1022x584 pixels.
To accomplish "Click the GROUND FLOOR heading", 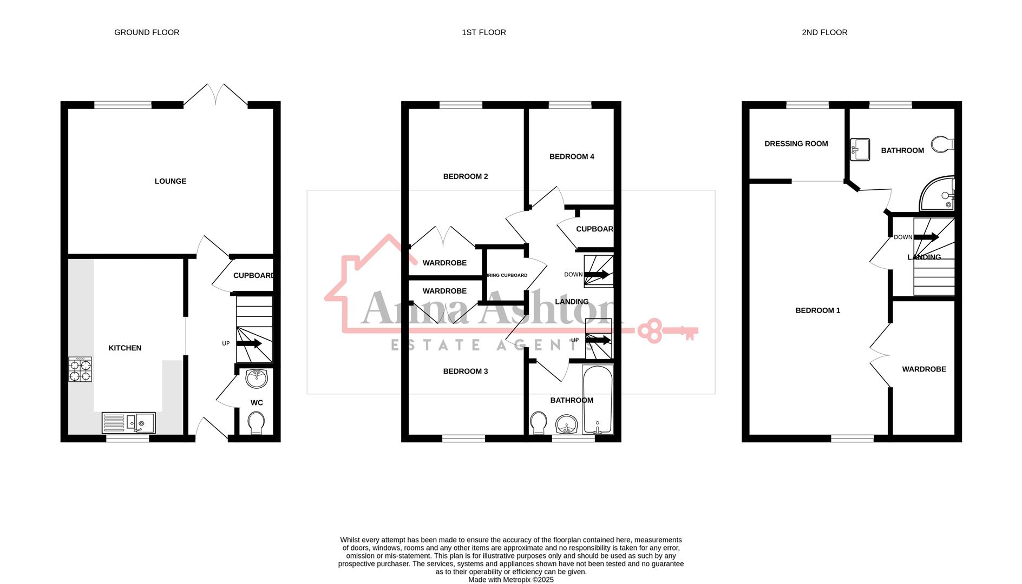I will tap(147, 32).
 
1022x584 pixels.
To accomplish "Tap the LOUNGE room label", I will tap(171, 181).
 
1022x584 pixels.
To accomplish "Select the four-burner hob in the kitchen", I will tap(80, 370).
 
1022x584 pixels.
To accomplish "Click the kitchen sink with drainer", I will tap(129, 422).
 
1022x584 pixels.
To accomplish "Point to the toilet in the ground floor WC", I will tap(256, 422).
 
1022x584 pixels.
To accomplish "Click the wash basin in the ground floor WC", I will tap(257, 378).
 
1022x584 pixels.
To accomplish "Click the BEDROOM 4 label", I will tap(572, 157).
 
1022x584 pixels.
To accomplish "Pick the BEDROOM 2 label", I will tap(466, 176).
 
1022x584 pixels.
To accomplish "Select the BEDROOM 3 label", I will tap(466, 371).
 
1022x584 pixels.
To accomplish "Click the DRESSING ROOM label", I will tap(796, 144).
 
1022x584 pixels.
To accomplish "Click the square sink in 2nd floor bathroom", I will tap(860, 150).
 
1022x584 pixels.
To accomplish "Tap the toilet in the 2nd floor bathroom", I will tap(942, 144).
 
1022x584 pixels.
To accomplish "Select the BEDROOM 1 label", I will tap(818, 310).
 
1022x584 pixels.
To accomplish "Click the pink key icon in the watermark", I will tap(667, 331).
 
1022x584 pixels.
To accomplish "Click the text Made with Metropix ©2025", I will tap(511, 580).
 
